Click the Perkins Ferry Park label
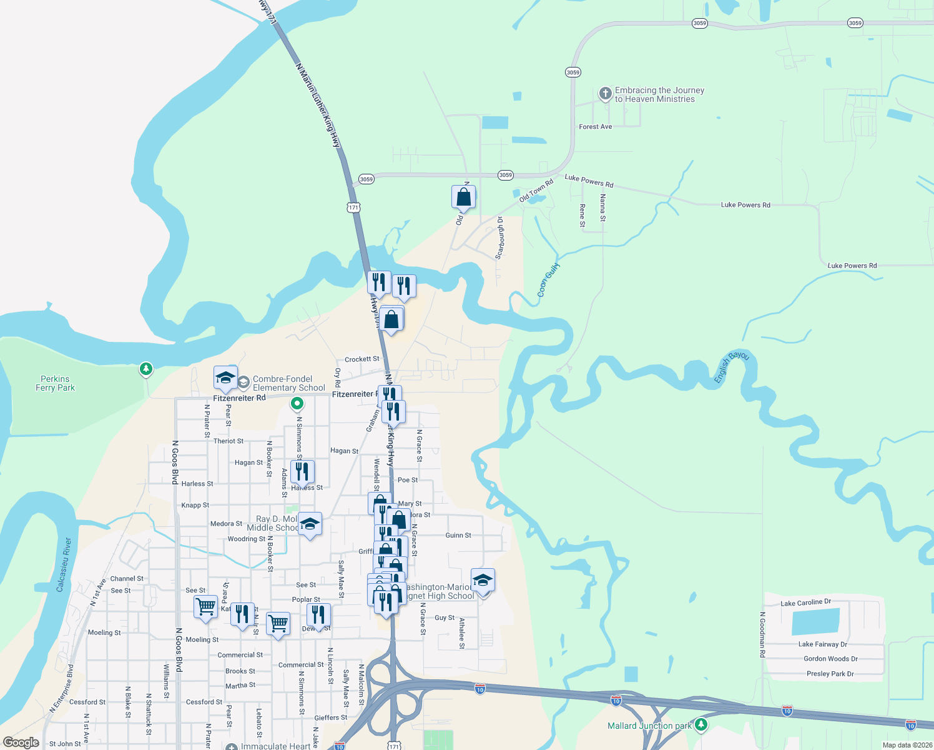[55, 383]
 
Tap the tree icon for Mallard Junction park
[701, 724]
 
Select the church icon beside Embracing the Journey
[605, 94]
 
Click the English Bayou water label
[731, 367]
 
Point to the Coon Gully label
[549, 279]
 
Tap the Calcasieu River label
[64, 564]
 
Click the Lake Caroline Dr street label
[805, 602]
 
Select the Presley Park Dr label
[830, 674]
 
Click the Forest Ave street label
[595, 127]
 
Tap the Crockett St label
[361, 359]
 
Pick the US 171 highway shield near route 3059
[354, 207]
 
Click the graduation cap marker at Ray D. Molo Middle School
[310, 524]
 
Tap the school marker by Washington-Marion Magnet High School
[483, 581]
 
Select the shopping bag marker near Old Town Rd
[463, 197]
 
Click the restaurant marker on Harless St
[302, 472]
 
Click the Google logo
[21, 742]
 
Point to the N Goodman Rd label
[762, 634]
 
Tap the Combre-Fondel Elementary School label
[288, 383]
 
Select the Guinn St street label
[458, 536]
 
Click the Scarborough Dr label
[499, 238]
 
